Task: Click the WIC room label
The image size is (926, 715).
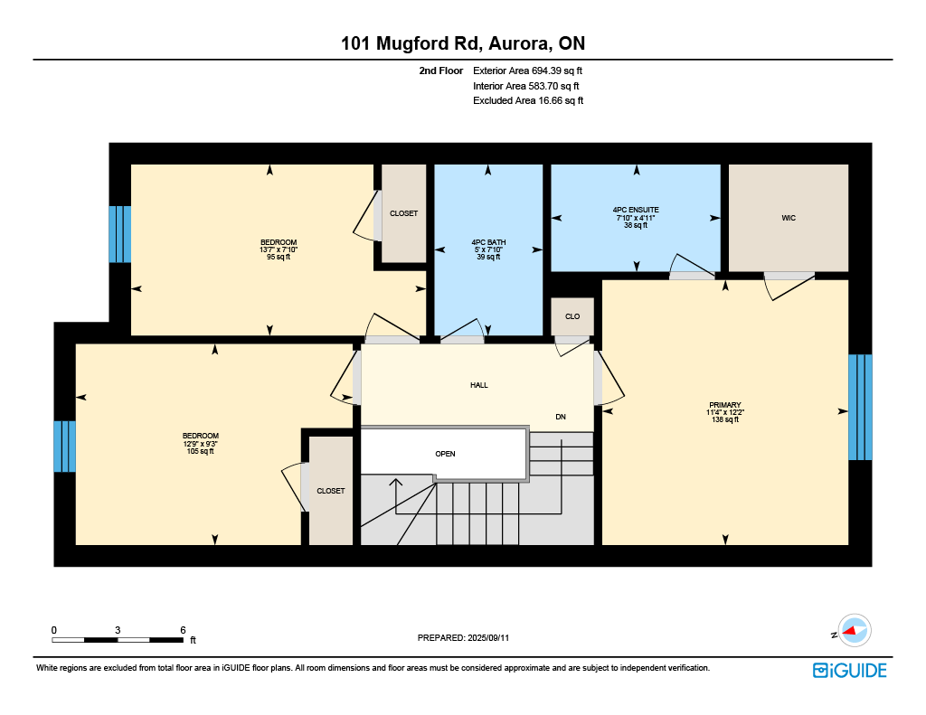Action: tap(789, 218)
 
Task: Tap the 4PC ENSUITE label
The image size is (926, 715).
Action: tap(636, 210)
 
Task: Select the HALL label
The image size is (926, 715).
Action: tap(479, 385)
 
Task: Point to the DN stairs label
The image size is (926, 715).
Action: tap(561, 417)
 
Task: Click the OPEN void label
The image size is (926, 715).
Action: tap(445, 454)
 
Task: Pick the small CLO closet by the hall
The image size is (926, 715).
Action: tap(572, 316)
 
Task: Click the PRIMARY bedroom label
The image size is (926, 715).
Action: tap(724, 405)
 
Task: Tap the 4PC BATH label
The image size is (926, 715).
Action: tap(488, 242)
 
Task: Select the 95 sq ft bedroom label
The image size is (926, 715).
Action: tap(279, 242)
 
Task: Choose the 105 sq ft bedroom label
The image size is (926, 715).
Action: tap(200, 436)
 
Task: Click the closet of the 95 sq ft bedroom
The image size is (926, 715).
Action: tap(404, 213)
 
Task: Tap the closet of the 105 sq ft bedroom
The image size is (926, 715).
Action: tap(331, 491)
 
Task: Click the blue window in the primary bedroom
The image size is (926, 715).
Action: tap(860, 407)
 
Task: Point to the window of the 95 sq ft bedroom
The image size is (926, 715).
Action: tap(120, 234)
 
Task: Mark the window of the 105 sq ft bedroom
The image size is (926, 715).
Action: tap(64, 447)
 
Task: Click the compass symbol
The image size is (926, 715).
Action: tap(854, 631)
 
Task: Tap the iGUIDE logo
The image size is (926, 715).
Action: tap(849, 671)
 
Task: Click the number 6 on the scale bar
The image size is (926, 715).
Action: tap(183, 630)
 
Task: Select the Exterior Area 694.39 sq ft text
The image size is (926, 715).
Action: tap(527, 71)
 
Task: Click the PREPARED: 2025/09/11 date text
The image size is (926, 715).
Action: tap(463, 637)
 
